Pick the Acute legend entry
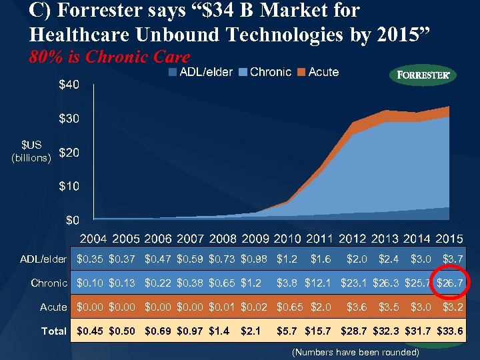318,72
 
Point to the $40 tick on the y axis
69,85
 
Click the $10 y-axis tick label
69,186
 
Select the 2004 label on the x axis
95,239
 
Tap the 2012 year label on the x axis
352,239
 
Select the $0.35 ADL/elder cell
91,259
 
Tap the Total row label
54,331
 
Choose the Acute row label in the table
53,307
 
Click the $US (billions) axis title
31,151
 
